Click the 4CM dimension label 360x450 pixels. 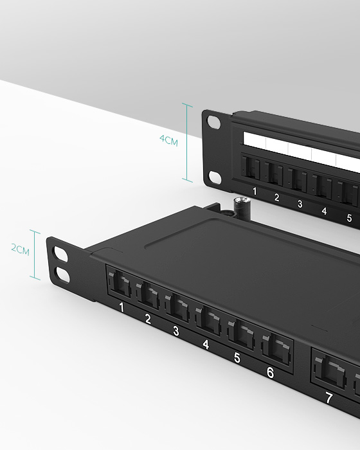coord(168,140)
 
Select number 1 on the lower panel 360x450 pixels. coord(122,308)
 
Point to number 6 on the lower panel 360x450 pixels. coord(269,372)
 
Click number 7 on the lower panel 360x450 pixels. coord(328,399)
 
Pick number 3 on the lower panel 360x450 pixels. coord(175,331)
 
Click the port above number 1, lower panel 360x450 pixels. coord(121,285)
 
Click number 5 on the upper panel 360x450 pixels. coord(349,218)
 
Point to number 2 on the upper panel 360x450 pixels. coord(277,197)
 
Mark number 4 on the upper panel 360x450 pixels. coord(323,211)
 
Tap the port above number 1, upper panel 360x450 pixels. coord(251,169)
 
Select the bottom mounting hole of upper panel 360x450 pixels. coord(214,175)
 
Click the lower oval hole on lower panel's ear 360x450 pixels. coord(63,274)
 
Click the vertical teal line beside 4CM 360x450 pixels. coord(188,143)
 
